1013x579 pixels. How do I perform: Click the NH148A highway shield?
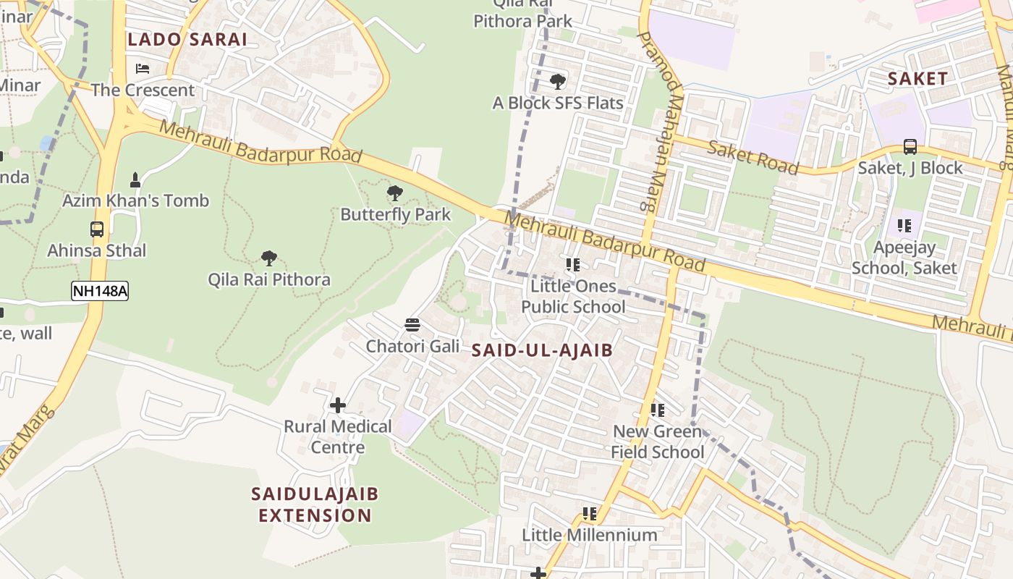100,292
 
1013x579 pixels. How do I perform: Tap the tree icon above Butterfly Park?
395,193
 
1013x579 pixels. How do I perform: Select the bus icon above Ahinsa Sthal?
97,229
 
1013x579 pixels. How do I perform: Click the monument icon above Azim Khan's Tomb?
135,179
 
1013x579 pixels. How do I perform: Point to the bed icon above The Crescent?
143,69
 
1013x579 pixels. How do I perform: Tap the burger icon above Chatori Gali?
412,325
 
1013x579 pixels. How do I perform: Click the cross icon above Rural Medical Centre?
337,405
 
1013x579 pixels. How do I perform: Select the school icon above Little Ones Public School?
573,265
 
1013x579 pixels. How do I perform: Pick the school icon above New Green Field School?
657,410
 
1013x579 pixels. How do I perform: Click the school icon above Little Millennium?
590,514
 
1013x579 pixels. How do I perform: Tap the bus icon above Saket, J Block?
910,147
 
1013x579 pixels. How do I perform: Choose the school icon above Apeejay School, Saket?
904,226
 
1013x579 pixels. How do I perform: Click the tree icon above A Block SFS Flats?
558,82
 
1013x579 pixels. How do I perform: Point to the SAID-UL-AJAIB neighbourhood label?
542,351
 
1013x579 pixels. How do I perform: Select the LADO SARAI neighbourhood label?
187,40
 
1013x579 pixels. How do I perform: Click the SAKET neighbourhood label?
917,79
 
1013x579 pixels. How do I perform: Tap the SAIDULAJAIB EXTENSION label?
315,504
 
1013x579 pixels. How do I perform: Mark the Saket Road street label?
753,158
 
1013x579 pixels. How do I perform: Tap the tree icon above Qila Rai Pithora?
269,258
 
